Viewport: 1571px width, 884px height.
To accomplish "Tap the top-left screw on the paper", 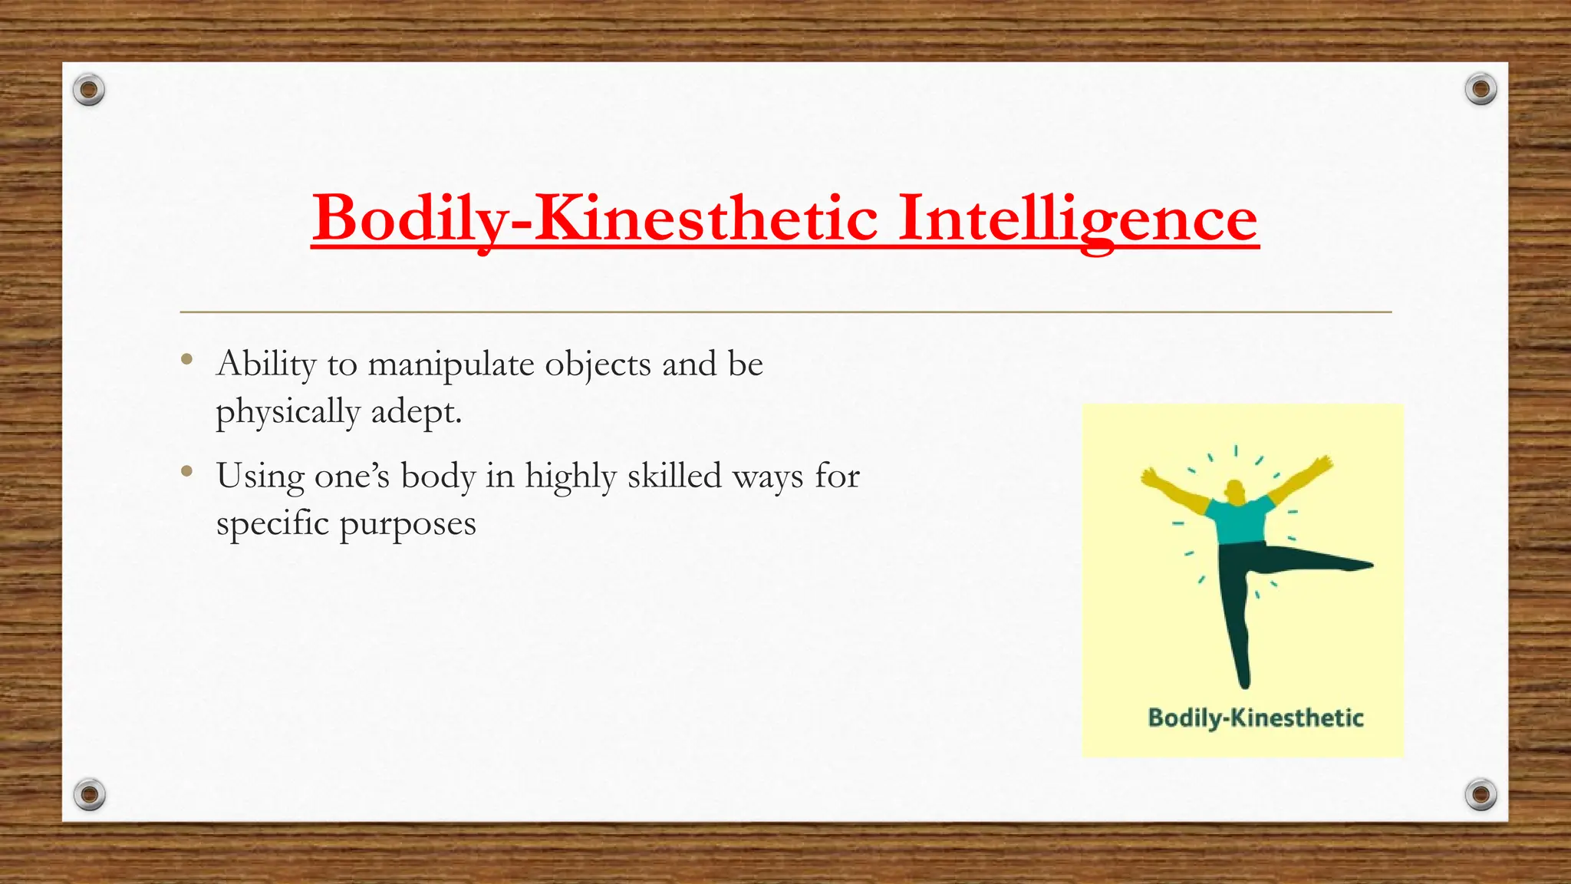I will click(x=89, y=91).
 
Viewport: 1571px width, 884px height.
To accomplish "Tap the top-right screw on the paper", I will click(x=1480, y=90).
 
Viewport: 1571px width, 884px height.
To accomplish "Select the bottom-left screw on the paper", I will click(x=89, y=794).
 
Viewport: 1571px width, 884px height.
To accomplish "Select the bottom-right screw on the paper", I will click(x=1480, y=794).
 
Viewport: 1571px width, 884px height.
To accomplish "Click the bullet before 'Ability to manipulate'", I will click(x=186, y=359).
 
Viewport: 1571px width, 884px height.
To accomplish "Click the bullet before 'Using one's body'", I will click(x=186, y=471).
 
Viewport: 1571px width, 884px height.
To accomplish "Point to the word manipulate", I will click(x=451, y=365).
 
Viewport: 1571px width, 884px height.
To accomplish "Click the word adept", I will click(x=416, y=413).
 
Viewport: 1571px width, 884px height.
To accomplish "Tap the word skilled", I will click(x=674, y=476).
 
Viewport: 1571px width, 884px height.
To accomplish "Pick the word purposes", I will click(x=407, y=525).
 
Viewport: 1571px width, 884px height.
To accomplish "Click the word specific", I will click(x=272, y=525).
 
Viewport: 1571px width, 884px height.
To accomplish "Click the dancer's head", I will click(x=1234, y=490).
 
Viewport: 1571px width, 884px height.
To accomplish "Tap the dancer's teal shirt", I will click(x=1239, y=520).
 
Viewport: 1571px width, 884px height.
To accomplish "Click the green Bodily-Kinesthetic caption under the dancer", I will click(x=1255, y=718).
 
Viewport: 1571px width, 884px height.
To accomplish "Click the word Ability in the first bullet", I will click(x=266, y=365).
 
